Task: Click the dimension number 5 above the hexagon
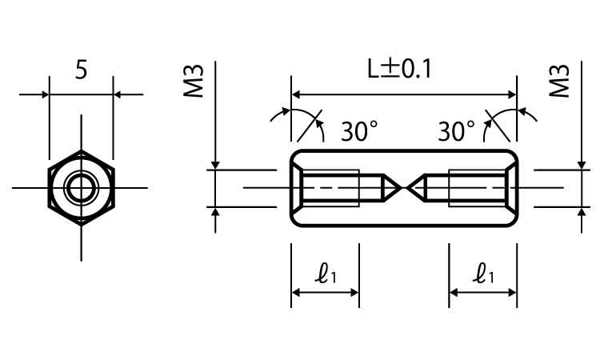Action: (81, 70)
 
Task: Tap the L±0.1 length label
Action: (399, 69)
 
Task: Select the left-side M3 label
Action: (194, 81)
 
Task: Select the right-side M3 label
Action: (559, 81)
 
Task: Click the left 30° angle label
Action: (359, 131)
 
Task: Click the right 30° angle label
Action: (456, 131)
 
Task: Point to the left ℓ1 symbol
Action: (326, 274)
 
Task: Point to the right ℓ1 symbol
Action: (483, 274)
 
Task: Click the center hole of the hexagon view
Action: (81, 188)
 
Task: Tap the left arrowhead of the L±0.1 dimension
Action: (296, 94)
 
